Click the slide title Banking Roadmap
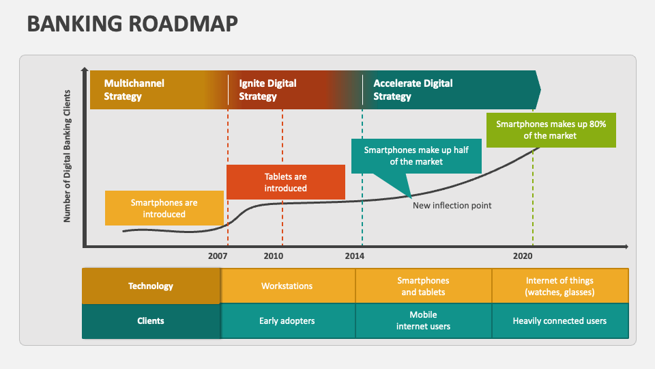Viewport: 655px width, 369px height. click(x=132, y=23)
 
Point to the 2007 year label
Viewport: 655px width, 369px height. click(x=218, y=256)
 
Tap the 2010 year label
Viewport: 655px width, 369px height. click(x=273, y=256)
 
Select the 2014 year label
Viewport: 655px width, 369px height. click(x=354, y=256)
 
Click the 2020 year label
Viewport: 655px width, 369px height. click(x=523, y=256)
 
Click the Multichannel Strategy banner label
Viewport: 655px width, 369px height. click(x=134, y=90)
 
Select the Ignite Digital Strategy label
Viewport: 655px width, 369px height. click(x=267, y=90)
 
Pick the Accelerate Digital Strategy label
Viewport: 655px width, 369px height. click(x=412, y=90)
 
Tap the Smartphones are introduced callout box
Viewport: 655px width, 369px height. click(x=164, y=208)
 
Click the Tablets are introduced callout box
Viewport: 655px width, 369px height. click(x=286, y=182)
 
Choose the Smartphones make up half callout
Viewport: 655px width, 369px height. click(x=416, y=156)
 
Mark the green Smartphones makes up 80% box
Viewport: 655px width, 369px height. click(x=551, y=130)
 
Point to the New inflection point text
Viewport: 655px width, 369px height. click(x=452, y=205)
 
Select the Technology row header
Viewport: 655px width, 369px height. click(x=151, y=286)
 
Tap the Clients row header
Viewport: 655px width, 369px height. click(x=151, y=320)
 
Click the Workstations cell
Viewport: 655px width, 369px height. click(x=287, y=286)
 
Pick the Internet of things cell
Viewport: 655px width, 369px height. click(x=559, y=286)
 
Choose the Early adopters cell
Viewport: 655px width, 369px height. click(x=287, y=320)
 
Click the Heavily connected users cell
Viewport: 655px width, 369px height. click(x=559, y=320)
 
